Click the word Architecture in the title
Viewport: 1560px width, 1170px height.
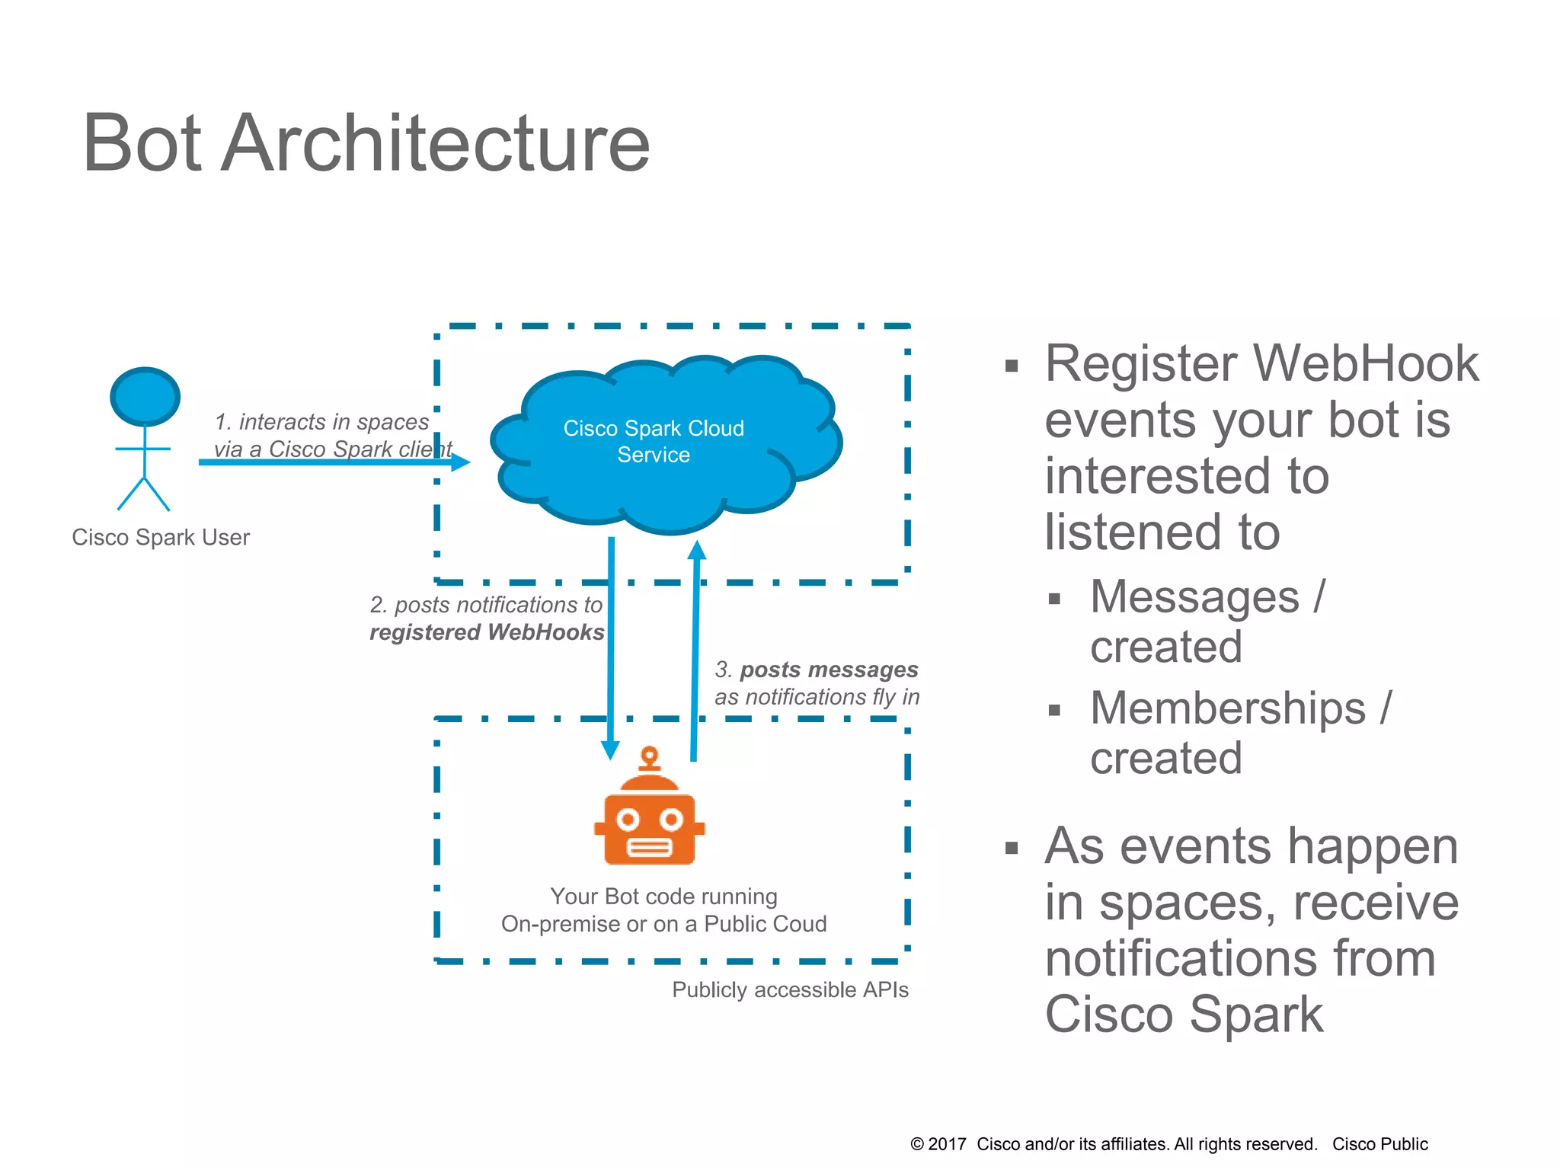[x=435, y=143]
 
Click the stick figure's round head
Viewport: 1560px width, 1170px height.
[x=145, y=397]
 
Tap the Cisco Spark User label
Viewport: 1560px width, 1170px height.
[x=161, y=537]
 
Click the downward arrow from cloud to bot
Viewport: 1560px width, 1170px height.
[x=611, y=647]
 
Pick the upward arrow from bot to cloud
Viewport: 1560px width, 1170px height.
[x=695, y=647]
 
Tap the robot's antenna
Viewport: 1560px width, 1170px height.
[x=649, y=759]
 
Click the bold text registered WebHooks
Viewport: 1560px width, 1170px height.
[x=487, y=632]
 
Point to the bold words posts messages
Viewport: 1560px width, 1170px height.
[x=829, y=670]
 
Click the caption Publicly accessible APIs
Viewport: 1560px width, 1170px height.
[x=790, y=989]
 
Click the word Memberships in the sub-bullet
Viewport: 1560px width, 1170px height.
[x=1227, y=708]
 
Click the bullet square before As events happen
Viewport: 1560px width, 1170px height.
[x=1012, y=849]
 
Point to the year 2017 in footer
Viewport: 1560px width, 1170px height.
[x=947, y=1144]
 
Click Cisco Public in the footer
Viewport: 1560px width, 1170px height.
[x=1379, y=1144]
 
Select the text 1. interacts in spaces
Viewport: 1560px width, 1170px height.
[x=321, y=422]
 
